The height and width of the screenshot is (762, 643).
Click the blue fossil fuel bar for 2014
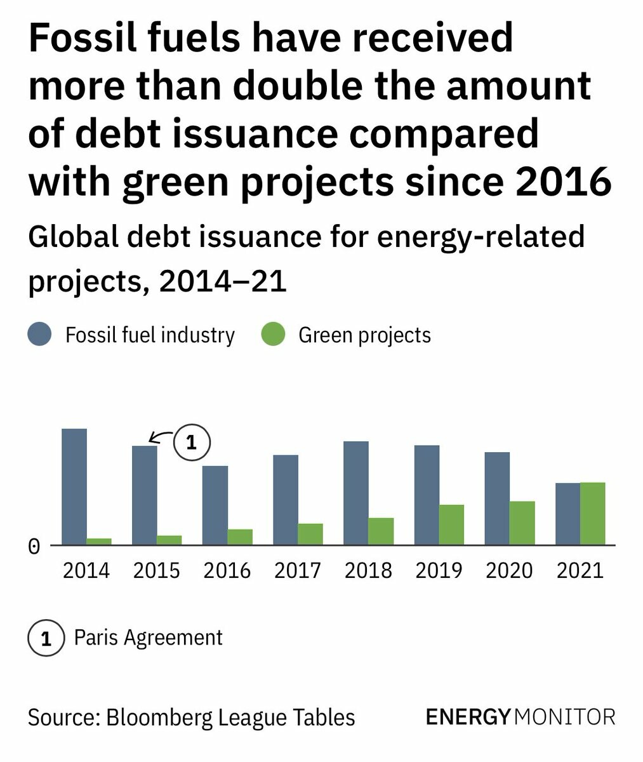pyautogui.click(x=74, y=486)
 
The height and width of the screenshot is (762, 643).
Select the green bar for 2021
pyautogui.click(x=592, y=513)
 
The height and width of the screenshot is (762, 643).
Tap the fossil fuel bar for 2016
pyautogui.click(x=215, y=505)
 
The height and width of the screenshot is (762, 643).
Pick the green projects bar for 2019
pyautogui.click(x=451, y=525)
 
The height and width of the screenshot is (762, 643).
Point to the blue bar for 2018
pyautogui.click(x=356, y=493)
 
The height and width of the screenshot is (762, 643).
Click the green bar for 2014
pyautogui.click(x=99, y=541)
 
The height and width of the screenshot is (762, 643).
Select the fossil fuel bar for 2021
pyautogui.click(x=567, y=513)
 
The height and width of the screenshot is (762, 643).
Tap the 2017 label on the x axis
pyautogui.click(x=298, y=570)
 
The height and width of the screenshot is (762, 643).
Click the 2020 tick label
pyautogui.click(x=510, y=570)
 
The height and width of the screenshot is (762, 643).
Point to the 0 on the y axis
pyautogui.click(x=34, y=547)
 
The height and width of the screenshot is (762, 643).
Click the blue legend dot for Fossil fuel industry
pyautogui.click(x=39, y=334)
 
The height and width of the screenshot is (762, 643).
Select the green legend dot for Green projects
pyautogui.click(x=273, y=334)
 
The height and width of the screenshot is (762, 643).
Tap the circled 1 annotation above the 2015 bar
pyautogui.click(x=191, y=441)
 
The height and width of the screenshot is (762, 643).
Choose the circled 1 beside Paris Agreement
pyautogui.click(x=46, y=638)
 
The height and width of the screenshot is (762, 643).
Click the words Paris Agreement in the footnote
pyautogui.click(x=149, y=638)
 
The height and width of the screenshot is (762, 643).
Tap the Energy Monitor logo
pyautogui.click(x=520, y=717)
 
